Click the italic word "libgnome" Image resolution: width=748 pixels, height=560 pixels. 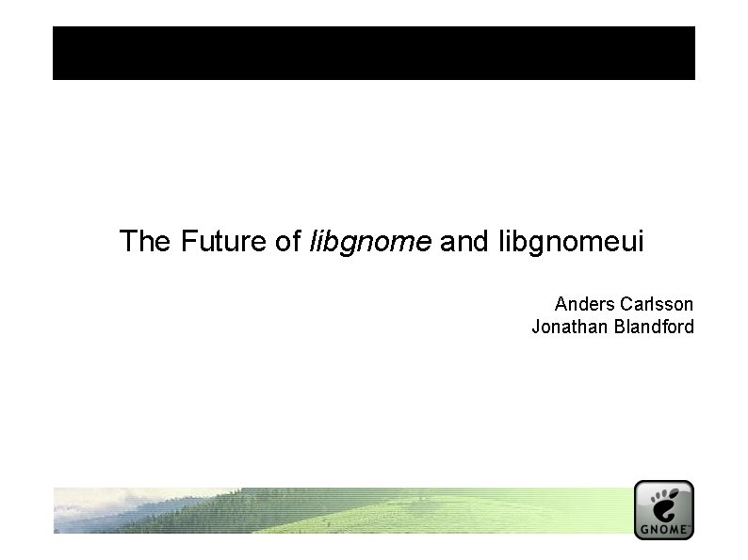(x=370, y=243)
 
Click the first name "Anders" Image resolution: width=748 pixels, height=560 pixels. (x=583, y=304)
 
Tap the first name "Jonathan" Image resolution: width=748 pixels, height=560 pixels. (x=567, y=328)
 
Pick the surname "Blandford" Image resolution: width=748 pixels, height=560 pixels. (x=651, y=328)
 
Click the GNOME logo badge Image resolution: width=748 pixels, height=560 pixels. (x=663, y=509)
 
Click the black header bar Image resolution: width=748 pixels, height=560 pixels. (x=373, y=53)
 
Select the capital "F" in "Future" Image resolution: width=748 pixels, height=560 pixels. (x=179, y=242)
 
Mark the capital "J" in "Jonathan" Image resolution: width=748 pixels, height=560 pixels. (x=536, y=328)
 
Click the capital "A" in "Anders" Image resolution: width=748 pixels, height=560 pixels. (x=561, y=304)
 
